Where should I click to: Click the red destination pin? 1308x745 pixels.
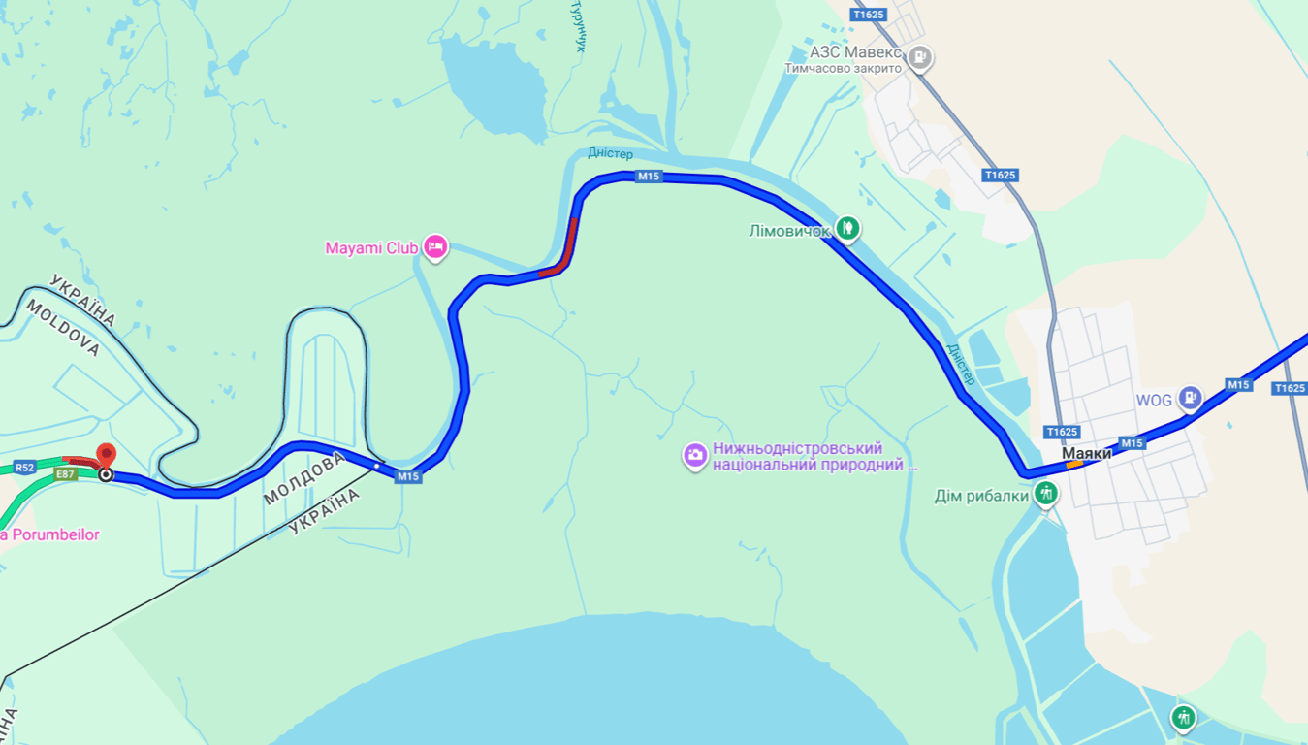[106, 455]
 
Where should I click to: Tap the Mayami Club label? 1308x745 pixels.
[371, 248]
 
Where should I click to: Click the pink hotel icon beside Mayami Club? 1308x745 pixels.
[435, 247]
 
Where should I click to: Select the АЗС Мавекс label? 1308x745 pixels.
[856, 52]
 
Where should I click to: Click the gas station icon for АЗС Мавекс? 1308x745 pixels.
[920, 57]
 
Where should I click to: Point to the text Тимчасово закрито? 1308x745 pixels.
[843, 68]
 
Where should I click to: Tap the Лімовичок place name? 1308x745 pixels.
[789, 231]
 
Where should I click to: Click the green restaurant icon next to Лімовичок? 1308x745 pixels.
[848, 229]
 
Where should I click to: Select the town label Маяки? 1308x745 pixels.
[1086, 453]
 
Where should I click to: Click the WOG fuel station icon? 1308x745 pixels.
[1190, 398]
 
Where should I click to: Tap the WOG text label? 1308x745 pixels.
[1154, 400]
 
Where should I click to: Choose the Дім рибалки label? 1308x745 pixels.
[981, 496]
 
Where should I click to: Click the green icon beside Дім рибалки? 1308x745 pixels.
[1045, 495]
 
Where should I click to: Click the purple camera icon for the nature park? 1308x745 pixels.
[695, 456]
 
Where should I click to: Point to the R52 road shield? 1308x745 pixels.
[25, 468]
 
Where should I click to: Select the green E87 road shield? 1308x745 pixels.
[66, 474]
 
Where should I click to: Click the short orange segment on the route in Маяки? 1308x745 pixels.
[1074, 465]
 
